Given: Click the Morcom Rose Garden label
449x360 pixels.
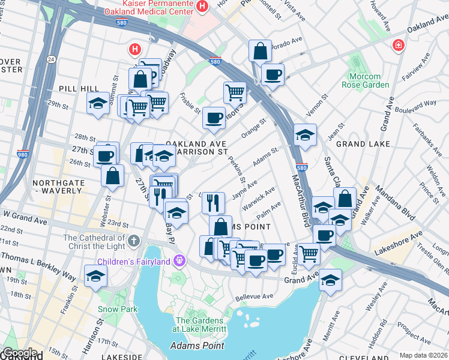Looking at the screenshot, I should pyautogui.click(x=361, y=80).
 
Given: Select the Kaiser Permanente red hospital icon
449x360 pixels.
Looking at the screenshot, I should pyautogui.click(x=202, y=7).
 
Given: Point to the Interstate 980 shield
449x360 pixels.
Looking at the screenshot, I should pyautogui.click(x=23, y=154).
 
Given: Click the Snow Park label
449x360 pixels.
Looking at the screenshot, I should pyautogui.click(x=114, y=309).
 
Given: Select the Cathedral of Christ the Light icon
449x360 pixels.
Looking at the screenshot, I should pyautogui.click(x=133, y=241).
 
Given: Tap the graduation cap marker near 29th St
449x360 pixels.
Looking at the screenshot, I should pyautogui.click(x=98, y=103).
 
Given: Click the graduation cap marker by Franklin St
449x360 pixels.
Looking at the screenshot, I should pyautogui.click(x=95, y=276).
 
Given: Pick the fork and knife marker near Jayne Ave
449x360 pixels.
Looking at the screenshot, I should pyautogui.click(x=213, y=202).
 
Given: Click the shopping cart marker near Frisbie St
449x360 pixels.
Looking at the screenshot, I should pyautogui.click(x=235, y=92).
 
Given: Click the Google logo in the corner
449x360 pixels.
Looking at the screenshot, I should pyautogui.click(x=20, y=353).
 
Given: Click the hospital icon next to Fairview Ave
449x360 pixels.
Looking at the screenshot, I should pyautogui.click(x=397, y=46).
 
